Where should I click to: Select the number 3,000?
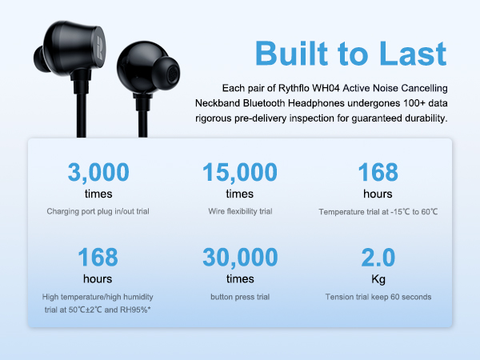coord(98,172)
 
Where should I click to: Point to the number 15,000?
coord(240,172)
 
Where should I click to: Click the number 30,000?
coord(240,258)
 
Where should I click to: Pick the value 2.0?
coord(378,258)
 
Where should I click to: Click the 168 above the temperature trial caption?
coord(378,172)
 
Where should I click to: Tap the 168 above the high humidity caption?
coord(98,258)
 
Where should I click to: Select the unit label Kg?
coord(378,279)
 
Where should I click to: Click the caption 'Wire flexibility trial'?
coord(240,211)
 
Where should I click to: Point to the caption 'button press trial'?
coord(240,297)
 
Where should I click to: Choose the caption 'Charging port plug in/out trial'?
coord(98,211)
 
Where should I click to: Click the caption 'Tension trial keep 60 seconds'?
coord(378,297)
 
